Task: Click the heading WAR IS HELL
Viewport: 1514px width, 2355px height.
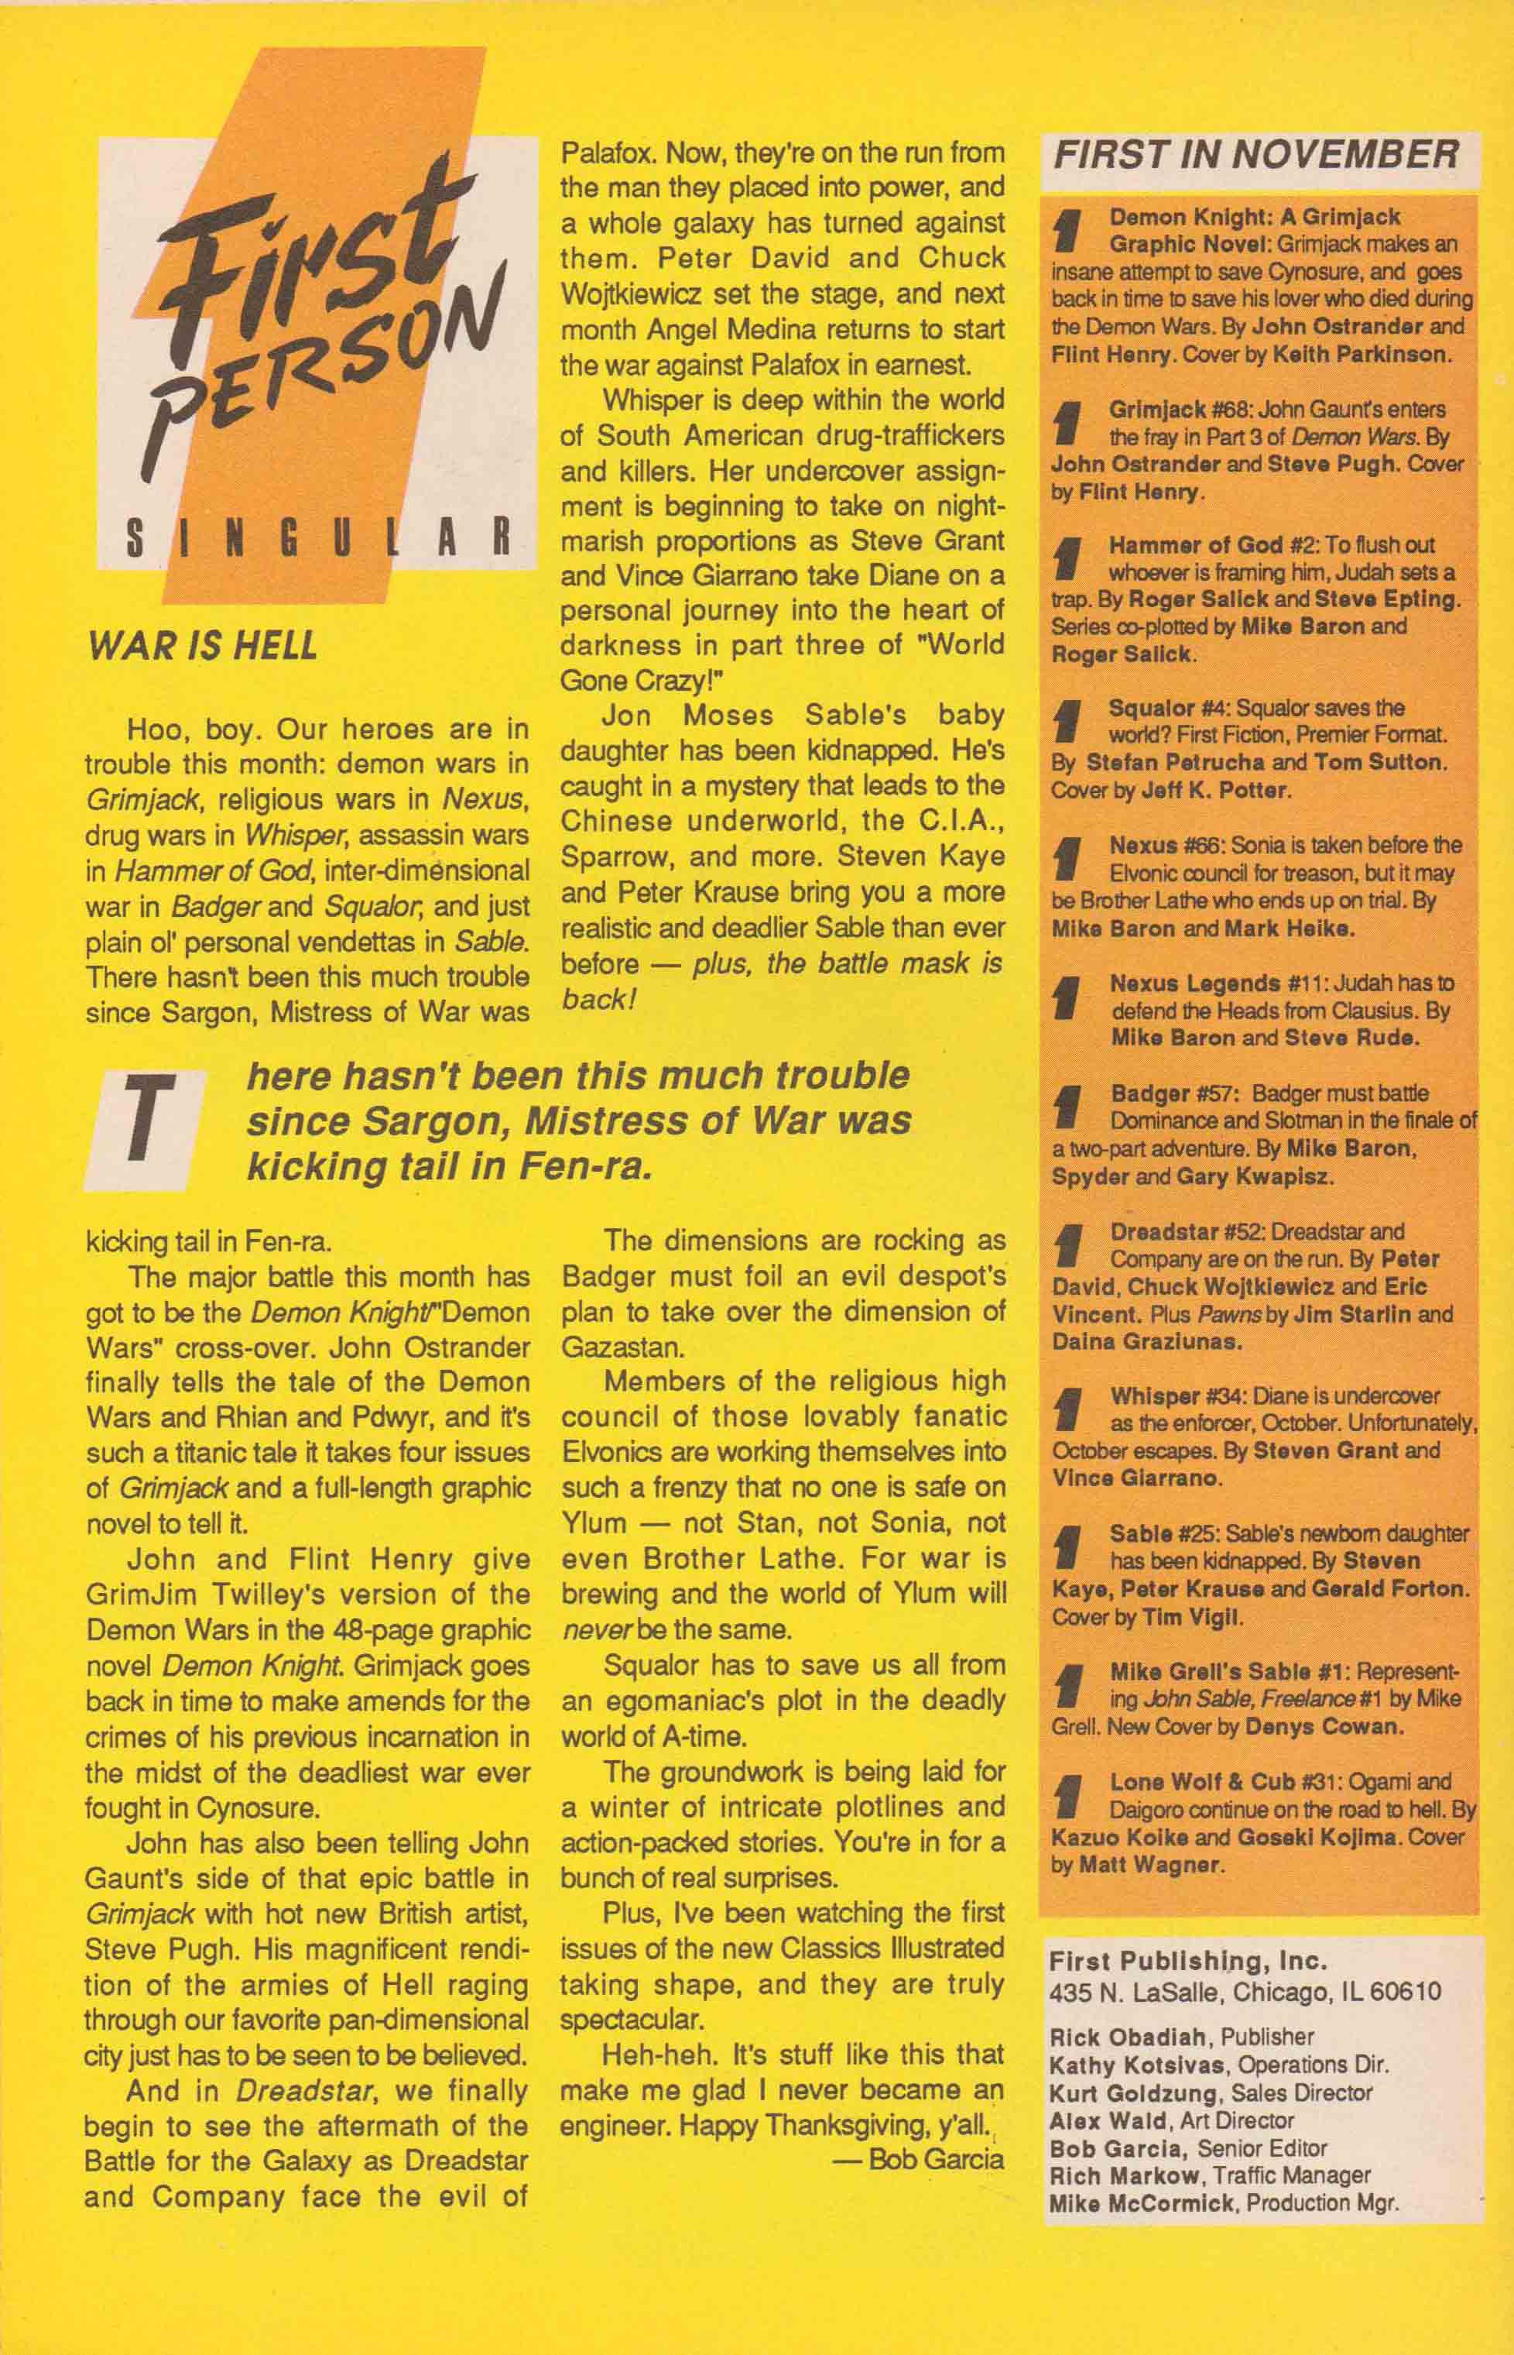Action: point(203,646)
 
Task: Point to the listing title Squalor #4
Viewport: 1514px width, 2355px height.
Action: point(1170,708)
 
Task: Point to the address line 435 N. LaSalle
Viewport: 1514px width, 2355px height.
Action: point(1245,1964)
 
